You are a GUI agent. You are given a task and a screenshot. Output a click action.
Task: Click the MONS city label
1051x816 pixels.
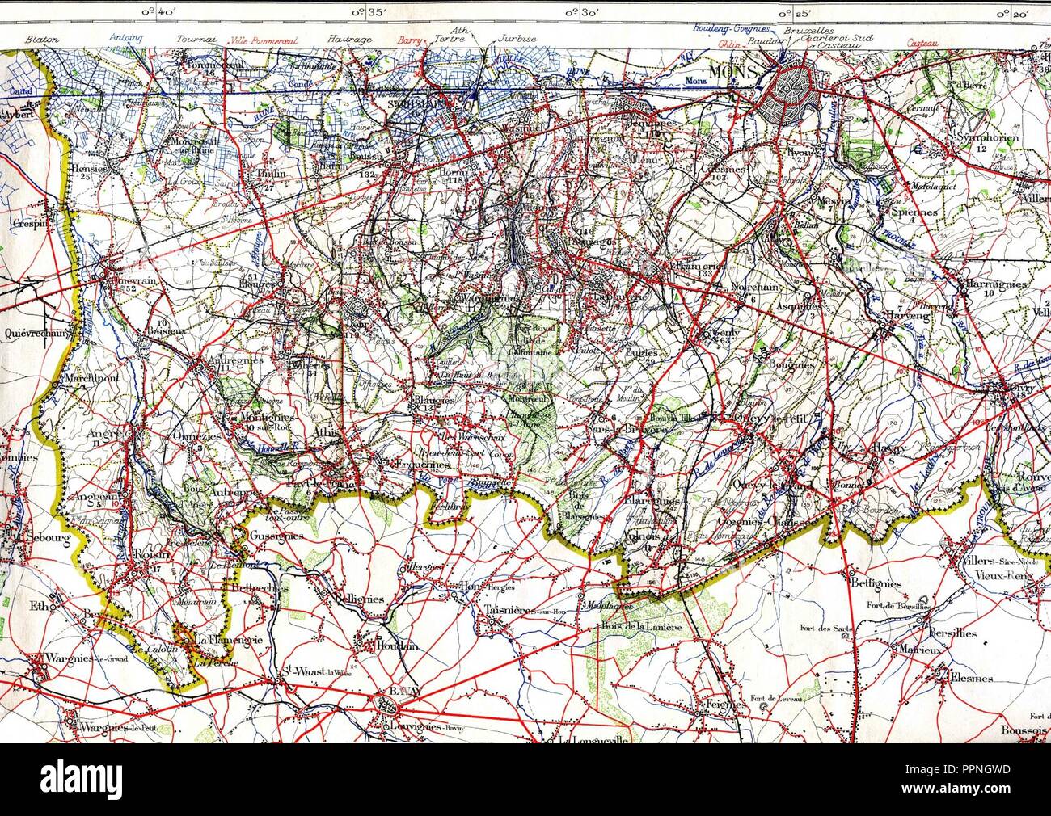click(x=732, y=71)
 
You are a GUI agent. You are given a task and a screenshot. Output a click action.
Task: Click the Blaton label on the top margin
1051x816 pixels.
click(x=38, y=38)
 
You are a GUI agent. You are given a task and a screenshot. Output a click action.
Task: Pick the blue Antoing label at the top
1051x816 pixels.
click(x=125, y=38)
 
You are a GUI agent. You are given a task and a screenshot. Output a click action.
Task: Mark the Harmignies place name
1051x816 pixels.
click(x=994, y=284)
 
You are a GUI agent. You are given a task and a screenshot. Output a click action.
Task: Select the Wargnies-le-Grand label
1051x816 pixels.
click(x=82, y=656)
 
